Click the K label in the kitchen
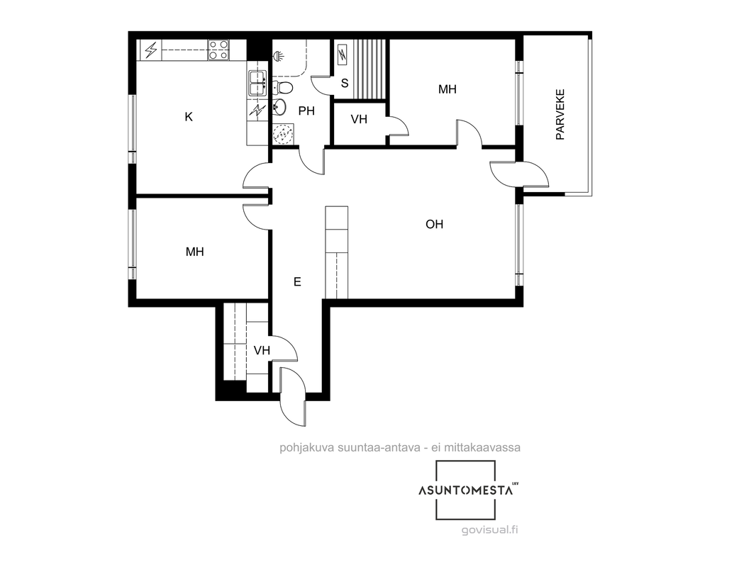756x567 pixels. (x=189, y=116)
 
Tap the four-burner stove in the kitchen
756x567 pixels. (x=218, y=50)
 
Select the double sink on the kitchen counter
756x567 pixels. (x=257, y=83)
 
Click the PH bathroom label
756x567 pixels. (x=306, y=111)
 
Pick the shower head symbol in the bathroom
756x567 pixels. (x=278, y=56)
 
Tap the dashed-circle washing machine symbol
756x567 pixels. (x=282, y=134)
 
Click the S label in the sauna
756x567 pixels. (x=345, y=84)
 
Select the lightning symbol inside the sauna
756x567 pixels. (x=343, y=55)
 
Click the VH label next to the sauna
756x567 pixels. (x=359, y=119)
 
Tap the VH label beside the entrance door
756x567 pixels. (x=262, y=350)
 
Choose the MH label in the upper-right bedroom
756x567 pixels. (x=448, y=89)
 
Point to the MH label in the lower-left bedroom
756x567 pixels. (x=195, y=252)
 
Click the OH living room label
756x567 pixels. (x=435, y=224)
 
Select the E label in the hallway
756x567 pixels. (x=297, y=282)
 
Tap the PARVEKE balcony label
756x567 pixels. (x=560, y=114)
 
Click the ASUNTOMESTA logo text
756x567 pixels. (x=466, y=491)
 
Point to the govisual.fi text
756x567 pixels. (x=490, y=530)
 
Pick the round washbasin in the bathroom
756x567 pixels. (x=279, y=106)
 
